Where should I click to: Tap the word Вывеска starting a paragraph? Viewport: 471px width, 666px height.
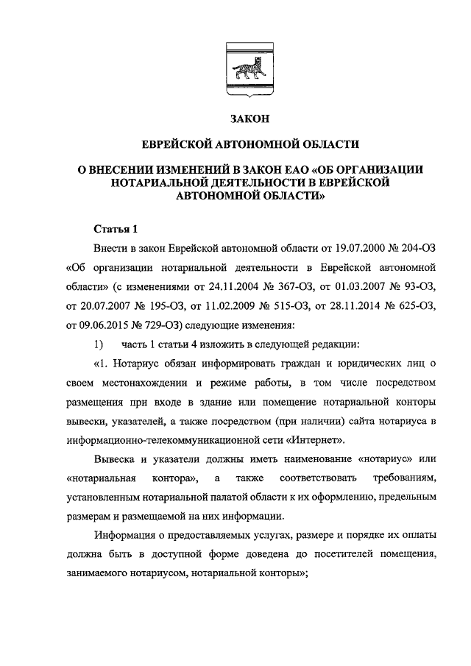pyautogui.click(x=115, y=460)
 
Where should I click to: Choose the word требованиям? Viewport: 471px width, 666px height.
pyautogui.click(x=406, y=479)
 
